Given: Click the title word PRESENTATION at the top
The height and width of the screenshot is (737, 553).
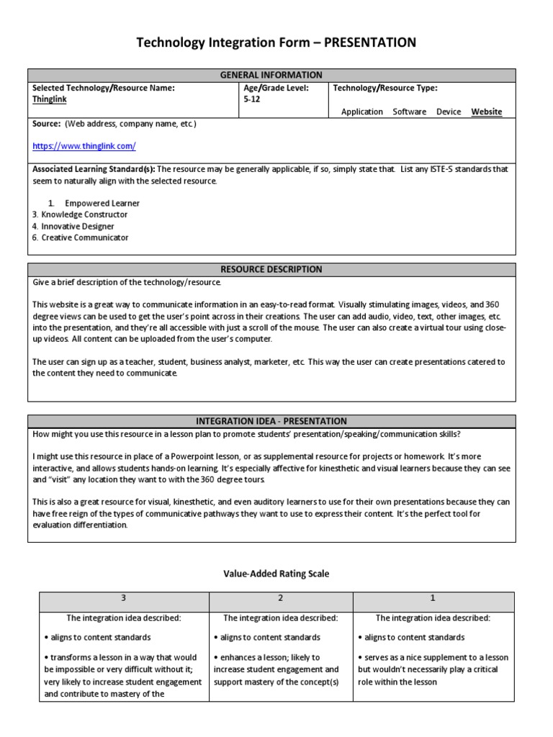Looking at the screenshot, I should click(370, 43).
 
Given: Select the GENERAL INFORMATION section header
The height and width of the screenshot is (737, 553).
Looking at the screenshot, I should click(271, 75).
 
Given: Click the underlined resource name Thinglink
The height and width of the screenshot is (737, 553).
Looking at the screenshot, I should click(50, 100).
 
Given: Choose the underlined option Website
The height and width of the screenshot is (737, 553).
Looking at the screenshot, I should click(487, 112).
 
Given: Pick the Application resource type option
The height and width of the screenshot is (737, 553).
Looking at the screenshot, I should click(362, 112).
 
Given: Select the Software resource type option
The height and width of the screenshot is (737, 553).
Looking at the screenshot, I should click(410, 112).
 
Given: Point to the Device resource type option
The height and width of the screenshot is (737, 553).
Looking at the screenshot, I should click(449, 112).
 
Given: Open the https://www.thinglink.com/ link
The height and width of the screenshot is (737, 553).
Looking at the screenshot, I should click(84, 146).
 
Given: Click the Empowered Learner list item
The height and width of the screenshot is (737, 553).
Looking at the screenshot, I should click(102, 203).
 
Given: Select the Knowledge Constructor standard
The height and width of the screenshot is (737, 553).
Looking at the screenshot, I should click(84, 214).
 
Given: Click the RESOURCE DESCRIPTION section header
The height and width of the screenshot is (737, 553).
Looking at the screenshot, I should click(271, 269).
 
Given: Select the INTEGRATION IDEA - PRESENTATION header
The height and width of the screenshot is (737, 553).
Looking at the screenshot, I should click(271, 421).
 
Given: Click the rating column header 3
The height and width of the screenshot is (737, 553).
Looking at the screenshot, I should click(124, 599).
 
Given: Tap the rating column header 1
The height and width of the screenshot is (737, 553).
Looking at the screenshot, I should click(433, 599).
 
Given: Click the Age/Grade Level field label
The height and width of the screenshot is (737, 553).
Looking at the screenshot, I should click(276, 89).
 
